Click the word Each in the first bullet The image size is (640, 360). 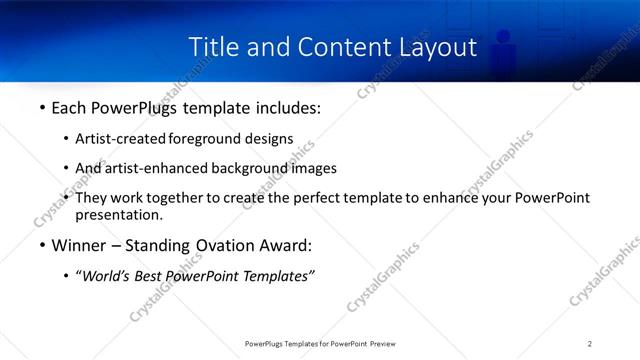coord(70,108)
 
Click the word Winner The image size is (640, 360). coord(79,246)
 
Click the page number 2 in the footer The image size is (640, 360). coord(590,343)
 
